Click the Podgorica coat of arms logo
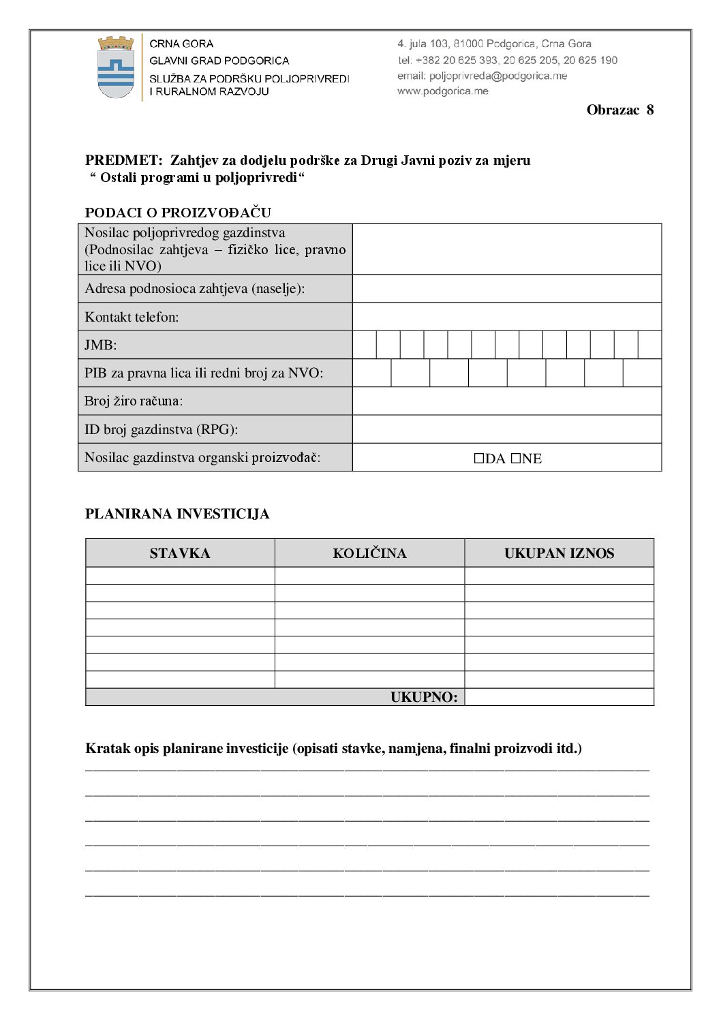tap(116, 67)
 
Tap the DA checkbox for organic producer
tap(479, 459)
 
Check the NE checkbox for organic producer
tap(516, 459)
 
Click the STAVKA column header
tap(180, 553)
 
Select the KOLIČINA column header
tap(369, 553)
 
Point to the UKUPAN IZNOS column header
tap(559, 553)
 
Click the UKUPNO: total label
tap(424, 697)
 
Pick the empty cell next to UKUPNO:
tap(559, 697)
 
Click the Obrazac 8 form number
tap(619, 110)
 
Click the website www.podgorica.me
tap(443, 91)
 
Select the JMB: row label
tap(101, 345)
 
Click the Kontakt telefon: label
tap(132, 317)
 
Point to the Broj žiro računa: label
tap(134, 401)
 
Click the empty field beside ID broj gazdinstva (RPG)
tap(506, 429)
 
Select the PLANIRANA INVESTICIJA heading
tap(177, 514)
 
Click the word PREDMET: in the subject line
tap(123, 161)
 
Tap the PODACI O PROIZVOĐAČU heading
tap(178, 213)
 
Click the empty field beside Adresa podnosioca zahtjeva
tap(506, 288)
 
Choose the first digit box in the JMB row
tap(365, 345)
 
